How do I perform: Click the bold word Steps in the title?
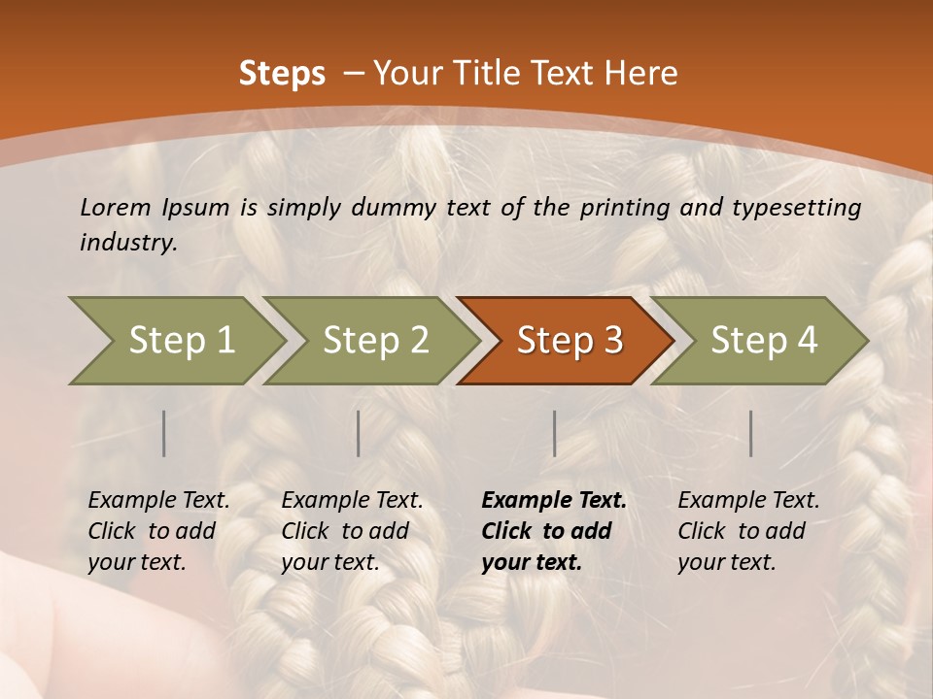(x=282, y=74)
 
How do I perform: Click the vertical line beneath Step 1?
(x=164, y=433)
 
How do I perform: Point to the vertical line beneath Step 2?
(x=359, y=433)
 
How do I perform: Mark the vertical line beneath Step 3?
(x=554, y=433)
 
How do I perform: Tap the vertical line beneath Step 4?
(x=750, y=433)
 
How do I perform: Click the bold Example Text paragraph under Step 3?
(x=554, y=531)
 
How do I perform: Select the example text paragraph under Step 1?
(x=158, y=531)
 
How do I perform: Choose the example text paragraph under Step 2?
(x=352, y=531)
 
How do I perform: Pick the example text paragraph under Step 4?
(x=748, y=531)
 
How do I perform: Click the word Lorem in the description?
(x=116, y=207)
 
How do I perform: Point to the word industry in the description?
(x=128, y=243)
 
